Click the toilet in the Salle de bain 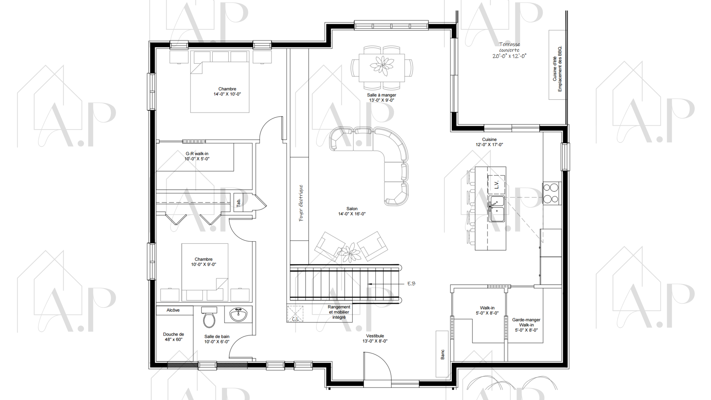[209, 317]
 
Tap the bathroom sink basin [238, 315]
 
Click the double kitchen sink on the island [497, 209]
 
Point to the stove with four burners [551, 193]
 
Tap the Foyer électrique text [301, 203]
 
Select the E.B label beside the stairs [411, 284]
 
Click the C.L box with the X [295, 314]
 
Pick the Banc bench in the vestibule [442, 354]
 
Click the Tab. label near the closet [239, 202]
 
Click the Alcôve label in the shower [173, 310]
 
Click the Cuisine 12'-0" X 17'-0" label [489, 142]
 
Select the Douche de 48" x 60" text [173, 337]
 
